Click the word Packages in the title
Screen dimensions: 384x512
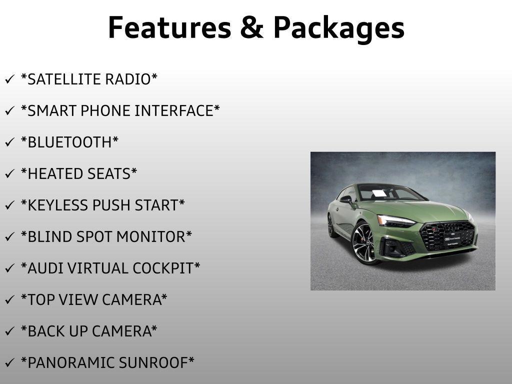[x=338, y=28]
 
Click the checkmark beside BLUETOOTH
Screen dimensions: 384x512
[x=9, y=143]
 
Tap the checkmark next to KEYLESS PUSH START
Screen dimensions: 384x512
[x=9, y=206]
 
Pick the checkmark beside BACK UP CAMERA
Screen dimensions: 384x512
[x=9, y=332]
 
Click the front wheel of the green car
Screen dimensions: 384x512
[x=366, y=243]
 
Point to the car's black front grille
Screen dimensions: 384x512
[x=446, y=235]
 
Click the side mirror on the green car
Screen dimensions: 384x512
[x=346, y=199]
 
